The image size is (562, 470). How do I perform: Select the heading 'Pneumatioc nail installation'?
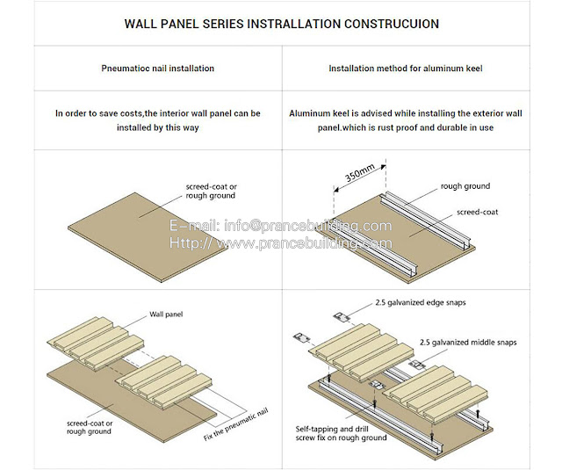(158, 68)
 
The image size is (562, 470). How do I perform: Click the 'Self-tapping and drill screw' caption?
(341, 432)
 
